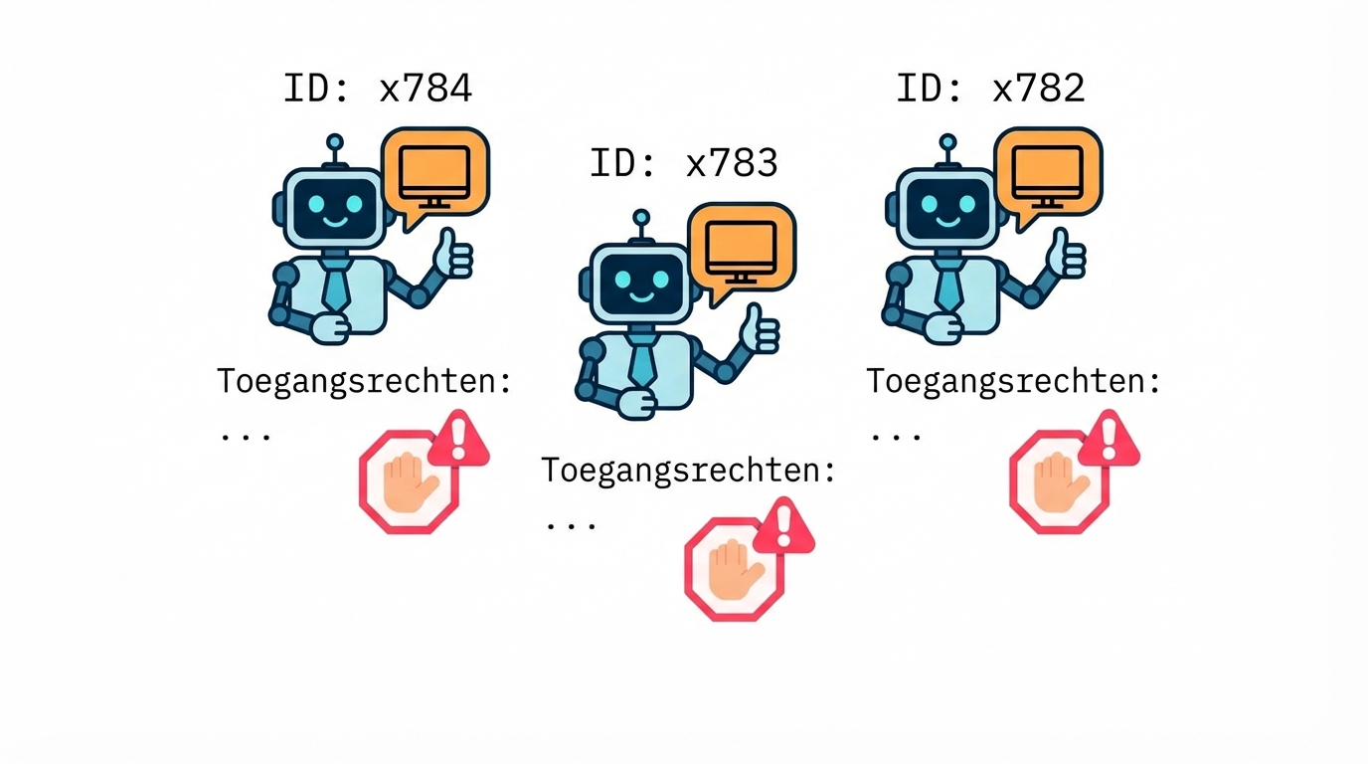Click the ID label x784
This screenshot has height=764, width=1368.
(x=378, y=89)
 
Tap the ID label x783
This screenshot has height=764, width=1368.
(x=684, y=162)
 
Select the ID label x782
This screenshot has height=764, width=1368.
(x=990, y=89)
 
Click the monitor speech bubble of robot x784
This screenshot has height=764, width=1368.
(x=435, y=172)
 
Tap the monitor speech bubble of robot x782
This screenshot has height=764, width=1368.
(x=1049, y=172)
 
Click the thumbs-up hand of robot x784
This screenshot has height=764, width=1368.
(x=453, y=255)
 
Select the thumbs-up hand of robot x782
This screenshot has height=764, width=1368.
(x=1067, y=255)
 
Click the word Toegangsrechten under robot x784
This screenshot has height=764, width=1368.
(x=364, y=381)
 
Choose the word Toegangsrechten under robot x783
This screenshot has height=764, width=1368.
(x=688, y=470)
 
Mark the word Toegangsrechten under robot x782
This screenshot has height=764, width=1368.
(x=1013, y=381)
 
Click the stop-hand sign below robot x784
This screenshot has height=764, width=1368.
(x=408, y=482)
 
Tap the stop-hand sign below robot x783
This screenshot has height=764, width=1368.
(x=734, y=570)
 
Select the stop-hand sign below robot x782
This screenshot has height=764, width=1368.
(x=1058, y=482)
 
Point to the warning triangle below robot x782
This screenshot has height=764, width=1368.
(x=1110, y=439)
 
